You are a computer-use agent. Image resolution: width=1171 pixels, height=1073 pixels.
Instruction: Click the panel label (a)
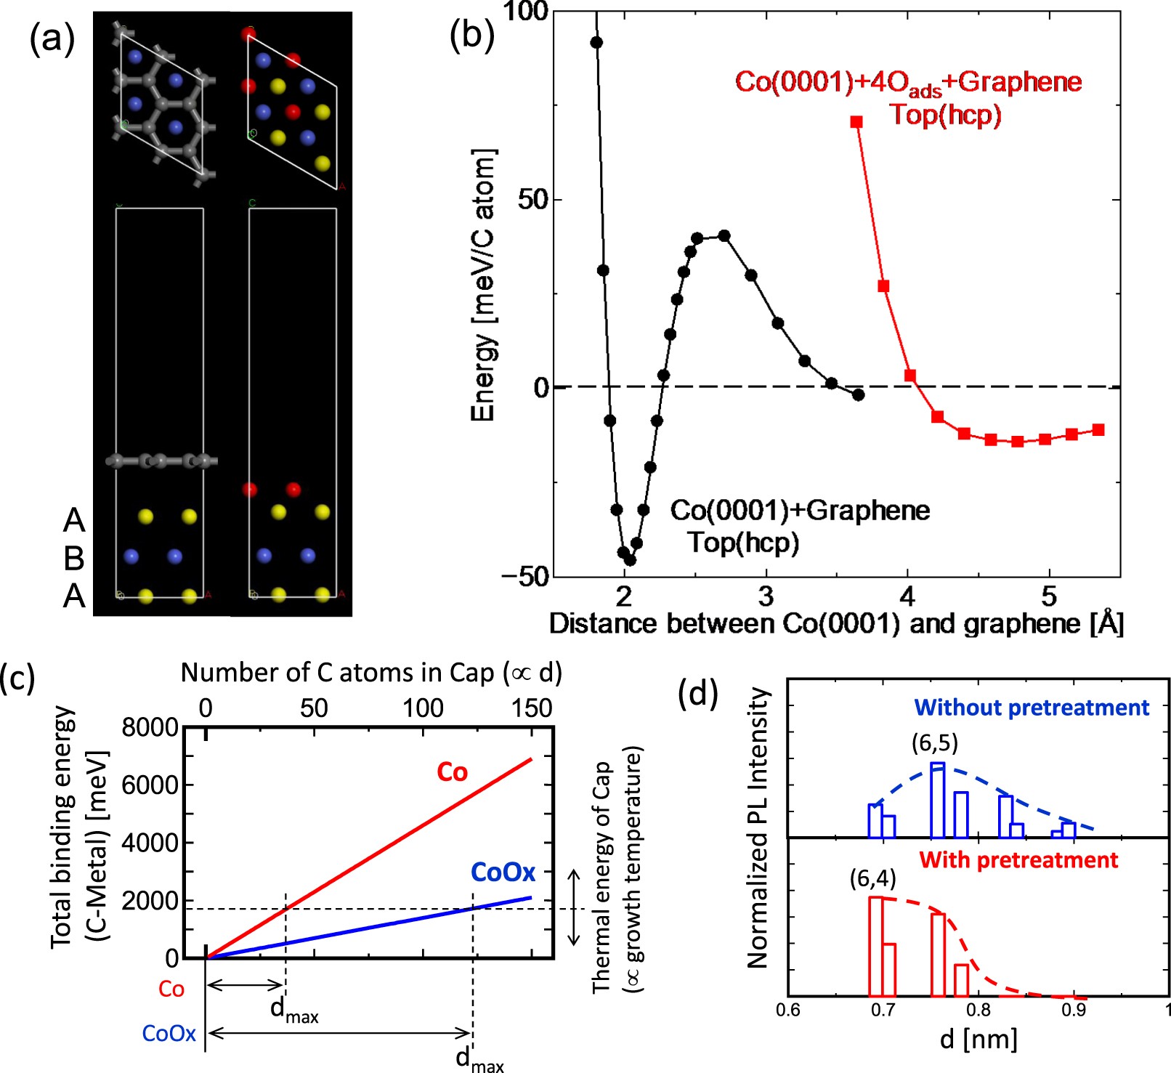click(x=52, y=39)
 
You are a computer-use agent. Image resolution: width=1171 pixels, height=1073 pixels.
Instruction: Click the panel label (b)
click(x=471, y=34)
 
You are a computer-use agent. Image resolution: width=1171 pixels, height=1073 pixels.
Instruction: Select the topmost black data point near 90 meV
click(x=596, y=43)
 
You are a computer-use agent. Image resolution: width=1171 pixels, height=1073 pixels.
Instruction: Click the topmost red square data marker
click(x=856, y=122)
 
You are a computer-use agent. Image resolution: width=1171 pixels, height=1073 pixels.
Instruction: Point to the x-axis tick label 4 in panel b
click(x=907, y=597)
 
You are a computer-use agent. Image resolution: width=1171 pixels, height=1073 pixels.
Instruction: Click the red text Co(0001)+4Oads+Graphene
click(x=907, y=82)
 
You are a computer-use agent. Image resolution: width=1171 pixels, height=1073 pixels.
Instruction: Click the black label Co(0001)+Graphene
click(x=799, y=511)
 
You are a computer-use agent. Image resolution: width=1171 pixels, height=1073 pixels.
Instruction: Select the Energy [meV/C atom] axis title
click(x=483, y=286)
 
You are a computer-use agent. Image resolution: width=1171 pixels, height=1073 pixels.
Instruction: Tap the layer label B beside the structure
click(x=74, y=558)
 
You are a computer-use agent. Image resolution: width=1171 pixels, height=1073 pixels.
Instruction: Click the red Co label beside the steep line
click(x=452, y=772)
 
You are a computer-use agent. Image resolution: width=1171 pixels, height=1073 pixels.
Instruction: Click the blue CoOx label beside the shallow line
click(x=503, y=872)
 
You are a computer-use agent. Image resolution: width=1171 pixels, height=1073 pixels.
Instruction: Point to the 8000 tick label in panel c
click(x=150, y=727)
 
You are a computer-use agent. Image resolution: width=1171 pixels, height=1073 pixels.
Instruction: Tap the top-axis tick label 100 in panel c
click(x=423, y=708)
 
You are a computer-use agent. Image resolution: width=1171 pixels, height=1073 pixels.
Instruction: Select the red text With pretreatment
click(x=1018, y=860)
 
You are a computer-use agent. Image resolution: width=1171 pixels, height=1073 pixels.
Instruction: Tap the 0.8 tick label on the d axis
click(x=978, y=1011)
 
